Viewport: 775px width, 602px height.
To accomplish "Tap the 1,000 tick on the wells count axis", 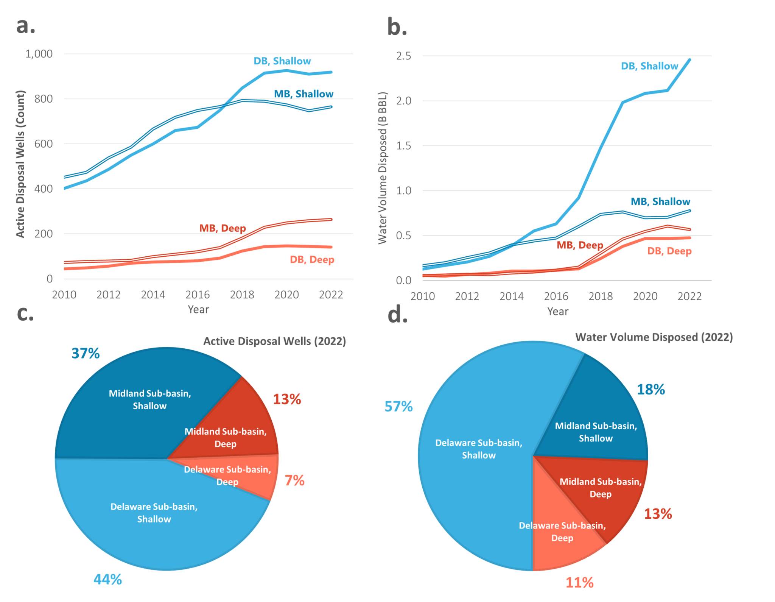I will [x=39, y=54].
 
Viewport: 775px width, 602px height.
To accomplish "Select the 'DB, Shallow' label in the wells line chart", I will [x=282, y=61].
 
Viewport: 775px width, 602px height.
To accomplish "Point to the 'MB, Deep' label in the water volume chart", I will [x=580, y=245].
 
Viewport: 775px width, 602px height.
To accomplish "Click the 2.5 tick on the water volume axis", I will [x=403, y=56].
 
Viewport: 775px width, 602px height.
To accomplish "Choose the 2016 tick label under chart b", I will [x=556, y=296].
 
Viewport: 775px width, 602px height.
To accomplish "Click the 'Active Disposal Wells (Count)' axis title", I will [x=20, y=164].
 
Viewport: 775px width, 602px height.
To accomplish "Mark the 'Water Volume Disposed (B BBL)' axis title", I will [x=383, y=168].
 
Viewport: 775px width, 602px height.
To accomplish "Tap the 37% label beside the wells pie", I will [x=86, y=353].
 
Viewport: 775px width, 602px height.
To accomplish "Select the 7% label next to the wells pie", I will [x=294, y=480].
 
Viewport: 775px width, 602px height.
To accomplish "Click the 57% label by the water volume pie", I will [x=398, y=407].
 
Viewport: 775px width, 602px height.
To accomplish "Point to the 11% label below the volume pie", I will [x=579, y=582].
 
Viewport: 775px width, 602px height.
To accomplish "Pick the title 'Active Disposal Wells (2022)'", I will [x=275, y=342].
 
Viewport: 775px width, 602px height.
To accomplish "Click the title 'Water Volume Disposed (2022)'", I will [x=654, y=337].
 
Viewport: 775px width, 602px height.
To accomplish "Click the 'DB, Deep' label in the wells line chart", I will [x=312, y=260].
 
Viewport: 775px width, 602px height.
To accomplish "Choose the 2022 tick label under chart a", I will [x=331, y=295].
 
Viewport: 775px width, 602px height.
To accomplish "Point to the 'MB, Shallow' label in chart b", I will [x=660, y=201].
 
